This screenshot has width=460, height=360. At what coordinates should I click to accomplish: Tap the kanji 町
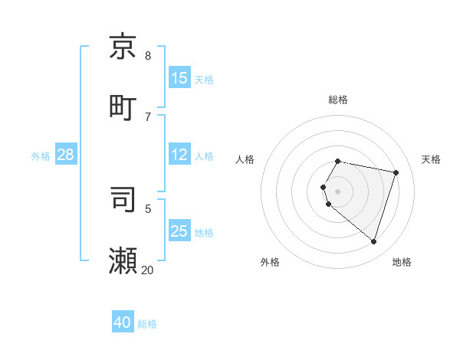pyautogui.click(x=123, y=106)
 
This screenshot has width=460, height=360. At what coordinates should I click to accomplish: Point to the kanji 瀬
pyautogui.click(x=123, y=260)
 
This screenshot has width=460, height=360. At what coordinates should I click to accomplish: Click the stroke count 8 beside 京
pyautogui.click(x=148, y=55)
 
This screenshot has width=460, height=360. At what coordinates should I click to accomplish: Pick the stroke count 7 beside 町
pyautogui.click(x=148, y=116)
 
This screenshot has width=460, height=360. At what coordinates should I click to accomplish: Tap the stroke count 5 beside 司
pyautogui.click(x=148, y=208)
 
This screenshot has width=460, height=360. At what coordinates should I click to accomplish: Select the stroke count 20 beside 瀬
pyautogui.click(x=148, y=270)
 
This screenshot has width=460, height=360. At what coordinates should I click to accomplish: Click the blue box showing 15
pyautogui.click(x=179, y=78)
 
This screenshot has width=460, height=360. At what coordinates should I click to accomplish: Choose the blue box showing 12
pyautogui.click(x=179, y=155)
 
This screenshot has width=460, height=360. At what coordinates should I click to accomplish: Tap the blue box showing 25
pyautogui.click(x=179, y=231)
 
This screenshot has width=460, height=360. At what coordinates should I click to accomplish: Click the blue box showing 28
pyautogui.click(x=66, y=155)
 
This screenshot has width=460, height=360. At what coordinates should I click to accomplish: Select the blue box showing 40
pyautogui.click(x=123, y=322)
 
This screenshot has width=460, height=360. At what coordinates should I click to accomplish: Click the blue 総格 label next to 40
pyautogui.click(x=147, y=324)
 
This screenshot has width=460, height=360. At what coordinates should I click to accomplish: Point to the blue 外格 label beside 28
pyautogui.click(x=41, y=156)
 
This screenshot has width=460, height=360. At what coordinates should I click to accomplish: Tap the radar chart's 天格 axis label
pyautogui.click(x=432, y=159)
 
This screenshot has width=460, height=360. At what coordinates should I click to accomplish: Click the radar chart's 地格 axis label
pyautogui.click(x=402, y=262)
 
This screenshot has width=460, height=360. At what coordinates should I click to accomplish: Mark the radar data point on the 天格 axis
pyautogui.click(x=396, y=172)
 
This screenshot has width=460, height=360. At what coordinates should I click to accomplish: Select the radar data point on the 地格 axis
pyautogui.click(x=373, y=241)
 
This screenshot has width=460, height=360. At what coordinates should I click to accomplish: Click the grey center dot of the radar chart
pyautogui.click(x=338, y=191)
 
